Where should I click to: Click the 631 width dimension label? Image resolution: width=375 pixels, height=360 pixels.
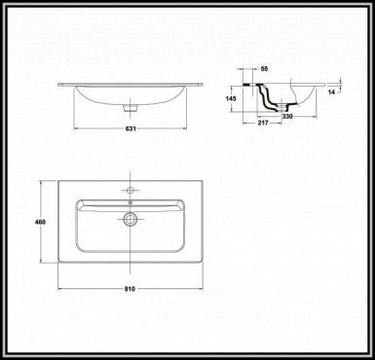[131, 129]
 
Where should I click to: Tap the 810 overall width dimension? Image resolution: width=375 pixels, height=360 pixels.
[130, 288]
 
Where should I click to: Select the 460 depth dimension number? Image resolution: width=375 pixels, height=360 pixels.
[40, 222]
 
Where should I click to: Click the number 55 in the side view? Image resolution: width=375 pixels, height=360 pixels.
[265, 68]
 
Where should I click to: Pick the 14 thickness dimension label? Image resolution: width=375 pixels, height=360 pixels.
[331, 92]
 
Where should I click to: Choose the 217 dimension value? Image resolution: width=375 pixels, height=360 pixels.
[263, 123]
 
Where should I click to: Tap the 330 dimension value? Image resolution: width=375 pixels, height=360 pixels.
[286, 116]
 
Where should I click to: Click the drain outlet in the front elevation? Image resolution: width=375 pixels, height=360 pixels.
[131, 108]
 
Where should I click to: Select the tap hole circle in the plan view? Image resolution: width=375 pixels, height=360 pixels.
[131, 190]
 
